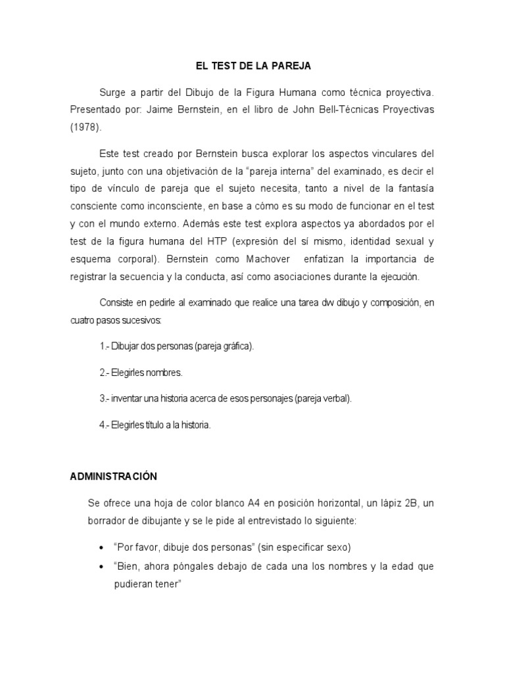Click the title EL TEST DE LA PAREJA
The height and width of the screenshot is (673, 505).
point(252,66)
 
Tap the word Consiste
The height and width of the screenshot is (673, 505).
point(115,303)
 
